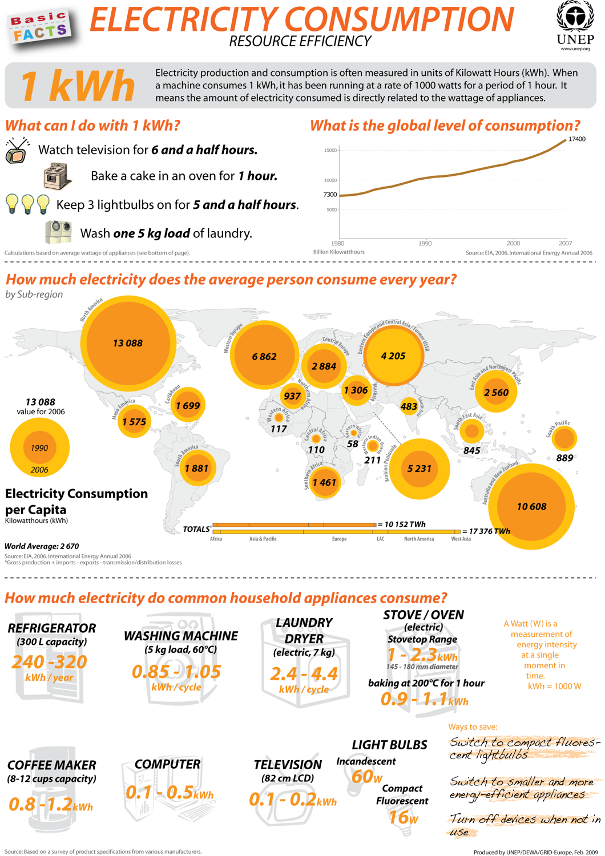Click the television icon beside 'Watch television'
tap(17, 151)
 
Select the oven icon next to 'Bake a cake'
tap(58, 176)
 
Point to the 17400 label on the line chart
tap(577, 139)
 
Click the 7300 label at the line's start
tap(330, 195)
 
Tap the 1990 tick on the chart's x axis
tap(425, 243)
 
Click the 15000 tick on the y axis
tap(330, 151)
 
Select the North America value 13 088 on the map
tap(128, 343)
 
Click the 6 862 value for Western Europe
tap(264, 357)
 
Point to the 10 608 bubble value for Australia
tap(531, 507)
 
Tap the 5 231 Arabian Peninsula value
tap(419, 469)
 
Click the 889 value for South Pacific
tap(564, 458)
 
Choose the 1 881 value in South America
tap(196, 469)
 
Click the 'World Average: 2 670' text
tap(42, 546)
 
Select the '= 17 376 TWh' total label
tap(486, 531)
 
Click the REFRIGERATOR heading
tap(52, 628)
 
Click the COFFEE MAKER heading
tap(52, 765)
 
